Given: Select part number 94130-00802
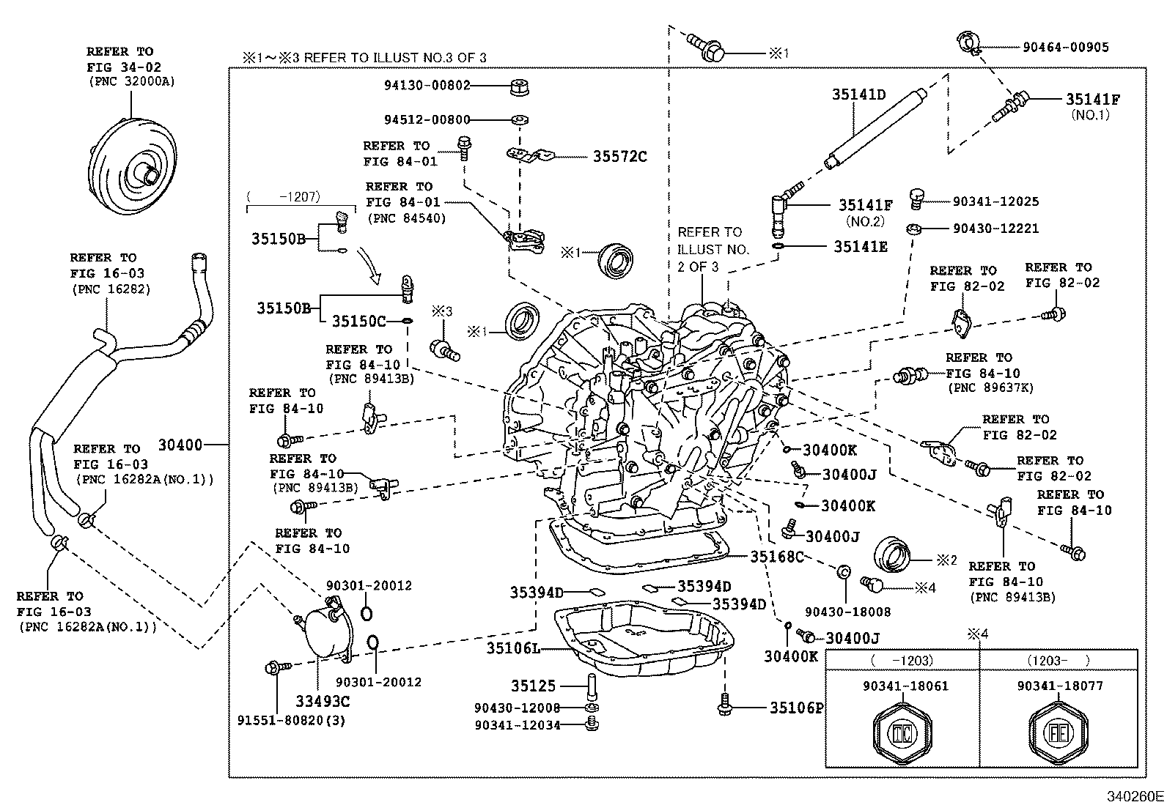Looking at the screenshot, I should (x=427, y=85).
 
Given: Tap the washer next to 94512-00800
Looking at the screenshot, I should (x=519, y=119).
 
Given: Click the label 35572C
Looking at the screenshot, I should (x=619, y=157).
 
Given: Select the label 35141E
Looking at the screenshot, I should (x=860, y=247).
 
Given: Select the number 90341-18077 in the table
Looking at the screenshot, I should (x=1059, y=686).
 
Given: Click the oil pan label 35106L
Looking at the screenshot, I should (x=513, y=648).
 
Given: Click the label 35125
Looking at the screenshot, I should (x=533, y=686).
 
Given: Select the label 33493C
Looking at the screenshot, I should (x=323, y=702).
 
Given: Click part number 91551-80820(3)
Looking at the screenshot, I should (x=291, y=720).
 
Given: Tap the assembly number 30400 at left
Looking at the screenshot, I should (x=180, y=445).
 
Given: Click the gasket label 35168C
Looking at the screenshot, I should (x=776, y=557).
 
